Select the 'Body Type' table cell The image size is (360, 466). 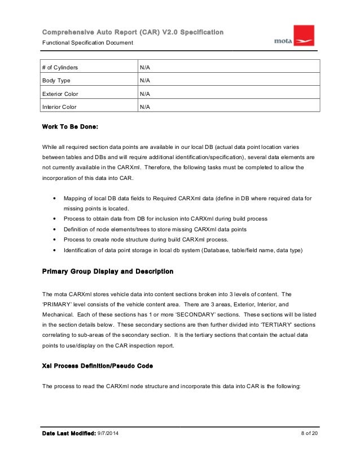(x=56, y=81)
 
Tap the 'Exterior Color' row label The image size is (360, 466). (x=60, y=93)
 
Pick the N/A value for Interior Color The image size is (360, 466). (x=145, y=106)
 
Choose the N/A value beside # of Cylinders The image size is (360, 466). (x=145, y=68)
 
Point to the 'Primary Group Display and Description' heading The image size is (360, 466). (x=108, y=271)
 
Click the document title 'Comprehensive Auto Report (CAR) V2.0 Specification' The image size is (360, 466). (x=133, y=32)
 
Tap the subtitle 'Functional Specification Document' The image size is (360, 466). (x=87, y=43)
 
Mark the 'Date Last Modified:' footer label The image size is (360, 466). (x=69, y=433)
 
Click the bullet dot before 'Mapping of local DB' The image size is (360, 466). (x=53, y=199)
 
